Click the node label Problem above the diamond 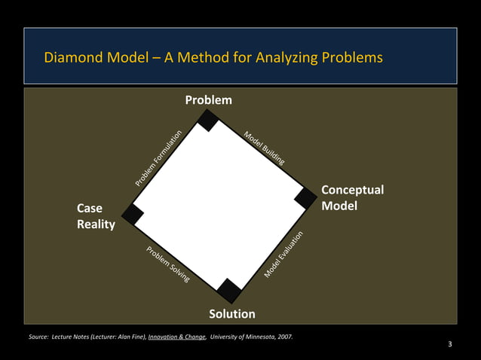(x=209, y=100)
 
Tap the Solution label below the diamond (x=232, y=313)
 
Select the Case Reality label (x=95, y=216)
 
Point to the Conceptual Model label (x=352, y=197)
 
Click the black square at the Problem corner (x=208, y=121)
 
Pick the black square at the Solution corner (x=229, y=290)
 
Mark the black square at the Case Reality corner (x=133, y=214)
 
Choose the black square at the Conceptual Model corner (x=305, y=198)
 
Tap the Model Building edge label (x=264, y=148)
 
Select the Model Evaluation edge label (x=284, y=254)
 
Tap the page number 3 (x=449, y=345)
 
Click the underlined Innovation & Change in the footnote (x=177, y=337)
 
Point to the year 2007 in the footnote (x=284, y=337)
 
